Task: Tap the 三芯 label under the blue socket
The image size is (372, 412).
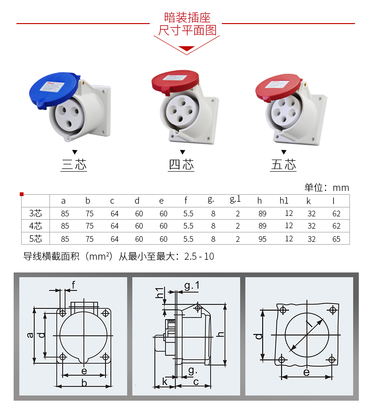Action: coord(74,165)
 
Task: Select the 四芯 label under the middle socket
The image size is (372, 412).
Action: coord(181,165)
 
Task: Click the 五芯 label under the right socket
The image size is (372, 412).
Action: coord(283,165)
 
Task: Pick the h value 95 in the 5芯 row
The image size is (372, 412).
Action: coord(262,239)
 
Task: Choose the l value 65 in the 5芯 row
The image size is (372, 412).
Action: coord(336,239)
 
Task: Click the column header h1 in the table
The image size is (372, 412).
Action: coord(284,200)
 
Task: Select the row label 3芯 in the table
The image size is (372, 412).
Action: coord(36,214)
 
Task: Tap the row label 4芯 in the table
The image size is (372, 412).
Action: coord(36,226)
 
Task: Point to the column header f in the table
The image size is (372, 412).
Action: coord(186,200)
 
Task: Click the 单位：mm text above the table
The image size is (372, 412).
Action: coord(327,188)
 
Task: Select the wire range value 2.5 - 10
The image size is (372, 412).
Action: coord(199,257)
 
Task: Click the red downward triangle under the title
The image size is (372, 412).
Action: coord(187,48)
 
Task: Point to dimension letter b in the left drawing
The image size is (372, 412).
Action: coord(84,383)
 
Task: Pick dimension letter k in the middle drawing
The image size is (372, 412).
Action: coord(165,381)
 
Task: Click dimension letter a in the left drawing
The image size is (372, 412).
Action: coord(30,335)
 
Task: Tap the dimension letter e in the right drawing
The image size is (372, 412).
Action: coord(306,372)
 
